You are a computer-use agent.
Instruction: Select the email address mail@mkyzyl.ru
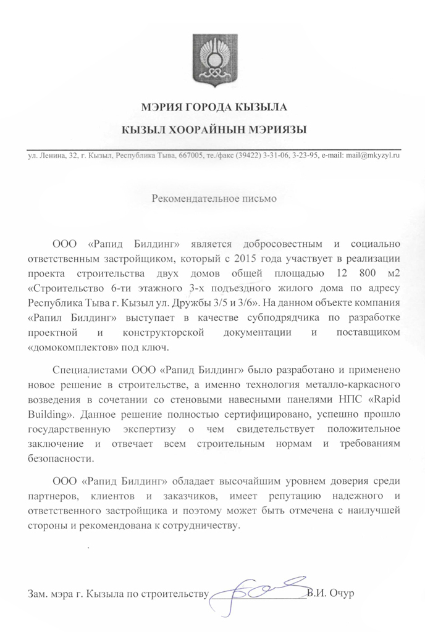371,156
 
